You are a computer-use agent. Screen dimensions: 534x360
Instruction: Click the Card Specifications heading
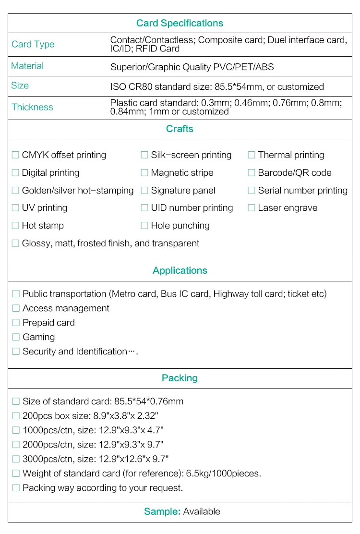point(180,23)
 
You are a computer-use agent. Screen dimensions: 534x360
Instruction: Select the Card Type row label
point(33,44)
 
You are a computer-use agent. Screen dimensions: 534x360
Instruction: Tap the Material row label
point(27,66)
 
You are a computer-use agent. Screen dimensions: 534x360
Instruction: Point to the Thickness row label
point(32,107)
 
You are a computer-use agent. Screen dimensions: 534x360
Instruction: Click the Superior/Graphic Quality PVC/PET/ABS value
point(192,67)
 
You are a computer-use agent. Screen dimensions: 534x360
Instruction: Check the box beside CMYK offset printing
point(15,155)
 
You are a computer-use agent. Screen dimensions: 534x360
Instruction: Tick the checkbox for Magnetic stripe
point(144,172)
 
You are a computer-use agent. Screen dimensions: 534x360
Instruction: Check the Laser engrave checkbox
point(252,208)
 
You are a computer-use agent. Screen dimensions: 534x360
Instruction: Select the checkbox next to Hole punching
point(144,225)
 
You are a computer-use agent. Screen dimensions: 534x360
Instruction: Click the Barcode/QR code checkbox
point(252,172)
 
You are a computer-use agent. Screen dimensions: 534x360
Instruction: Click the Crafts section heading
point(180,129)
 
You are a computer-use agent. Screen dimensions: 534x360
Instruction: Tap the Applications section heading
point(180,270)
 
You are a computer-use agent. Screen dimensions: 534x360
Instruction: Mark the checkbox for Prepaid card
point(16,323)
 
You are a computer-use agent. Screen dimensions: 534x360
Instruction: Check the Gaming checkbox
point(16,337)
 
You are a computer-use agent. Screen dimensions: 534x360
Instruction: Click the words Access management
point(66,308)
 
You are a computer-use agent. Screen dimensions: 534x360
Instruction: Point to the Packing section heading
point(180,378)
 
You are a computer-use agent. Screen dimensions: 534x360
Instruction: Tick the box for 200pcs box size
point(16,416)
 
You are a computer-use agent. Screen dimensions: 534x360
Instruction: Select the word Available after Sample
point(202,511)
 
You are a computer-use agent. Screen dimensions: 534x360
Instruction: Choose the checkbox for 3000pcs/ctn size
point(16,459)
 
